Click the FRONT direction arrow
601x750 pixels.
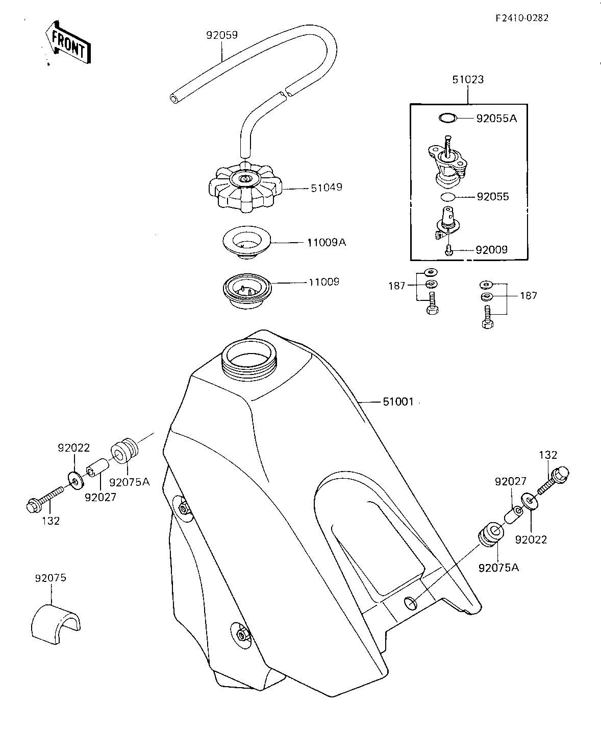(x=68, y=42)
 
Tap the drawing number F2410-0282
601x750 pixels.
(x=522, y=18)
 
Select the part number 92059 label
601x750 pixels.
(x=222, y=35)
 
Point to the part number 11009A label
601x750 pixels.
(x=327, y=242)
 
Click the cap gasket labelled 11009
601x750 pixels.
(x=247, y=290)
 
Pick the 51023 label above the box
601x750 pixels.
(x=468, y=80)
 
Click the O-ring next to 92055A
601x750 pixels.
(x=447, y=118)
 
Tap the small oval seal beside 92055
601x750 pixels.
(x=448, y=197)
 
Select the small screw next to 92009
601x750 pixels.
(x=449, y=250)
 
